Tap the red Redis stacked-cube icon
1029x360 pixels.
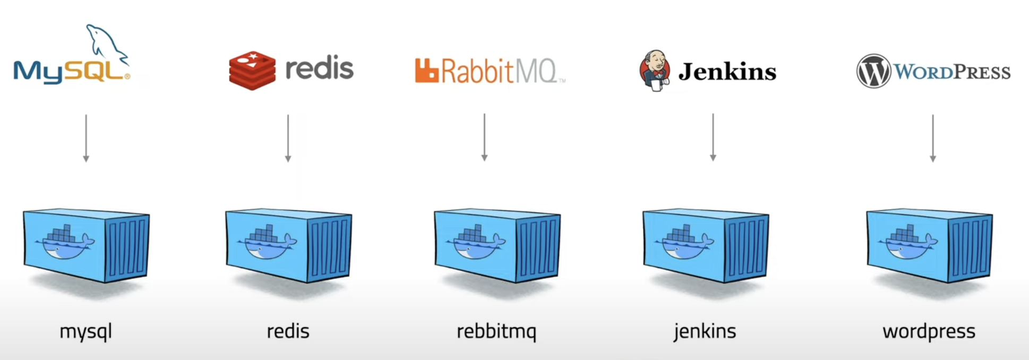(252, 71)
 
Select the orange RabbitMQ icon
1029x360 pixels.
(426, 71)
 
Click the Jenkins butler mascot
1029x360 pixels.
(655, 71)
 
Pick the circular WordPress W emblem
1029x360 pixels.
(873, 71)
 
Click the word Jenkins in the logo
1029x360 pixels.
(727, 72)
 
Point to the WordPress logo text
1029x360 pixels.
(952, 72)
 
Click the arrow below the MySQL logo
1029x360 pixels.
(86, 138)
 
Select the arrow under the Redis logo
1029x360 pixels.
(288, 138)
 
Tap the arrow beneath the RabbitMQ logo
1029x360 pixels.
(484, 138)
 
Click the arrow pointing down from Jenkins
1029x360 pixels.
(713, 138)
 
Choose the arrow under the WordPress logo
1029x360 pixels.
(933, 138)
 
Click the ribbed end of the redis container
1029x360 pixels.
(330, 247)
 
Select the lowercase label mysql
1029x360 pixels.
(86, 332)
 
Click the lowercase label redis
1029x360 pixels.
(288, 331)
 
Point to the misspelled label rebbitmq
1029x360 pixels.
(496, 332)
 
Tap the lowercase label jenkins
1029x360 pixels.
(705, 331)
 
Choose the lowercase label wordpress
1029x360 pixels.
(929, 332)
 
